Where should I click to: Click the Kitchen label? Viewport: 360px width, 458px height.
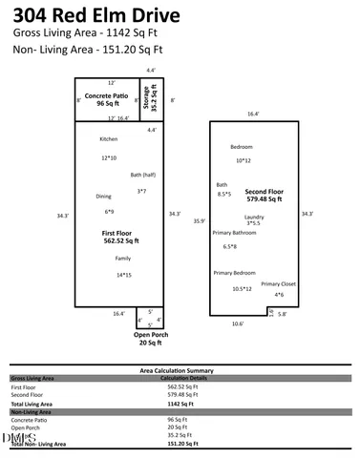(109, 139)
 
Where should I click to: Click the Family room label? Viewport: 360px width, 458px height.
(123, 259)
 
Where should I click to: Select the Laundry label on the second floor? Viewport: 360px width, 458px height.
(254, 217)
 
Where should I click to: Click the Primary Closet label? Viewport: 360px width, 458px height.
(279, 283)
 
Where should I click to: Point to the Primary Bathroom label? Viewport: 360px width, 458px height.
(234, 233)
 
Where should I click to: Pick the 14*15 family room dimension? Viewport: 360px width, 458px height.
(123, 275)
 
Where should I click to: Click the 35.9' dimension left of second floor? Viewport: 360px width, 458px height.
(199, 220)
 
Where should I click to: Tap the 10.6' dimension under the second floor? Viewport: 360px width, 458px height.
(237, 323)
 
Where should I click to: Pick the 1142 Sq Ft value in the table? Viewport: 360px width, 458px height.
(180, 404)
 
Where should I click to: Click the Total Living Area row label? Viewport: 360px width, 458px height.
(32, 404)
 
